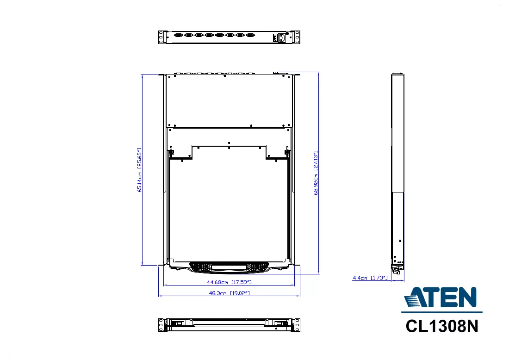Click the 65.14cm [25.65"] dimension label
[140, 170]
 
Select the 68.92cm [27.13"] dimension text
[316, 173]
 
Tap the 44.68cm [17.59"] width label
[229, 282]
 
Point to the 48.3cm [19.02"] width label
[229, 293]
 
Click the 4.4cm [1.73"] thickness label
[370, 278]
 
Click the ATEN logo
[441, 297]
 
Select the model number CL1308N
[442, 326]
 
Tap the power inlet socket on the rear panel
[281, 38]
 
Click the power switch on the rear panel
[275, 38]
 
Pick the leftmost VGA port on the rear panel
[178, 35]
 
